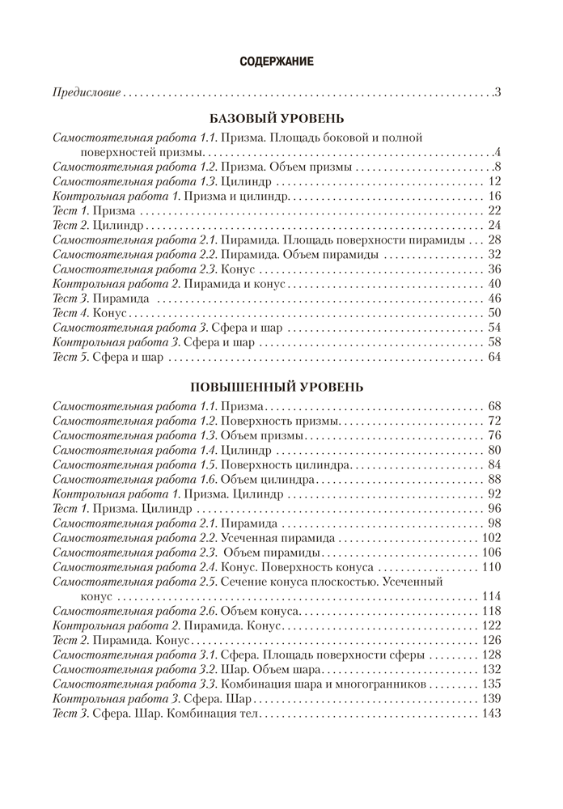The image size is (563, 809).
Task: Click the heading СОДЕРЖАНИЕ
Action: click(277, 61)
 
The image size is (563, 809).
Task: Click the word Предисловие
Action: click(86, 92)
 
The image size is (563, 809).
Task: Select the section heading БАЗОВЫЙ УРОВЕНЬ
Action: click(277, 118)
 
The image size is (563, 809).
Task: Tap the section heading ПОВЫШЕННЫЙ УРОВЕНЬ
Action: click(277, 386)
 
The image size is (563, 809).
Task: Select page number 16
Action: click(496, 197)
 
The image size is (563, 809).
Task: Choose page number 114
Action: click(492, 596)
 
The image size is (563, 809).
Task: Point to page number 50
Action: click(496, 313)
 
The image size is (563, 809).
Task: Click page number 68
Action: click(496, 406)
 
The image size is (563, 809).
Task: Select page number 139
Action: click(492, 698)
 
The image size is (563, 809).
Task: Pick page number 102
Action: click(492, 538)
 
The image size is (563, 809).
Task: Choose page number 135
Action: click(492, 684)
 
